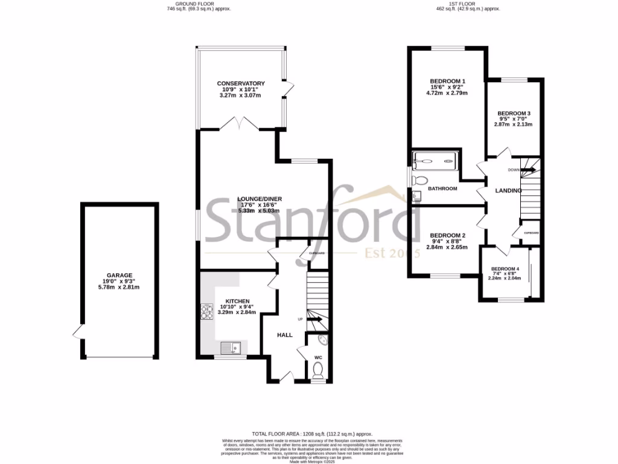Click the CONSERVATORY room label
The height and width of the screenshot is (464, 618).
pyautogui.click(x=241, y=83)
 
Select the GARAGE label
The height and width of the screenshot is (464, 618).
pyautogui.click(x=119, y=275)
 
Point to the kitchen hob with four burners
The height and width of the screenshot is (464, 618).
pyautogui.click(x=206, y=312)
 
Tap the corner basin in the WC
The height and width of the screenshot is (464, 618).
pyautogui.click(x=322, y=340)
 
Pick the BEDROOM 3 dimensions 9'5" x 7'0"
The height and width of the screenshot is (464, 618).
pyautogui.click(x=514, y=119)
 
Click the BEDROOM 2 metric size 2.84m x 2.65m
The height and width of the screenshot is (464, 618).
pyautogui.click(x=447, y=247)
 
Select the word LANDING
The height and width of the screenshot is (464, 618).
pyautogui.click(x=508, y=192)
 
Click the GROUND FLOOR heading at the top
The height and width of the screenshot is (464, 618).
pyautogui.click(x=199, y=4)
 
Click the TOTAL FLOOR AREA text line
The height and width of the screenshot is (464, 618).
pyautogui.click(x=312, y=434)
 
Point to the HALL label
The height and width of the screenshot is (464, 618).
pyautogui.click(x=285, y=335)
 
